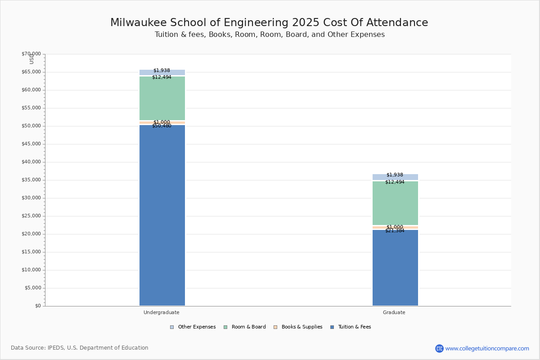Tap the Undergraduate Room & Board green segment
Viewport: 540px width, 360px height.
tap(162, 99)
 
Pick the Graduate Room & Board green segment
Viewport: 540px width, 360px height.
tap(395, 203)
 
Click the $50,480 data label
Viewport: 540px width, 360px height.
tap(162, 126)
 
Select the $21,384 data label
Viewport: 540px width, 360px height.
tap(395, 231)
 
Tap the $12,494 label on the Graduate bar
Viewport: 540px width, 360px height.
tap(395, 182)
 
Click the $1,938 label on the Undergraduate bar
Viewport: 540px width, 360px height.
tap(162, 71)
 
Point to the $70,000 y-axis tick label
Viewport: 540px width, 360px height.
tap(31, 54)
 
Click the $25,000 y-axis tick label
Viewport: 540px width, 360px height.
tap(31, 216)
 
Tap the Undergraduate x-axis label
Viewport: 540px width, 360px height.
tap(162, 312)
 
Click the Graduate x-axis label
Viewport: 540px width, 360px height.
tap(394, 312)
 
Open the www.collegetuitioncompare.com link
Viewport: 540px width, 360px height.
tap(487, 348)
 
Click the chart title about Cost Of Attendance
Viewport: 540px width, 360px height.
tap(269, 23)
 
